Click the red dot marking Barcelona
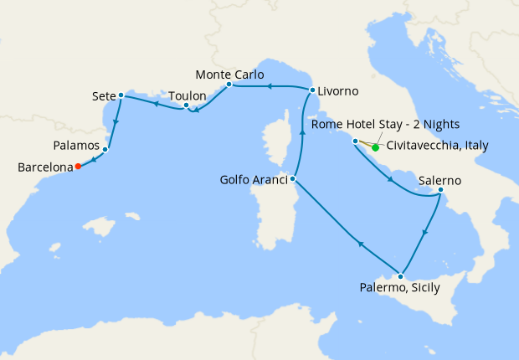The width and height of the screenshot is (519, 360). [x=78, y=166]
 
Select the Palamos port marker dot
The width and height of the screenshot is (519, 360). [x=105, y=150]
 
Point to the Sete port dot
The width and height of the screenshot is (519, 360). [x=121, y=95]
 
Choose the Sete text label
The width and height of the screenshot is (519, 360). [x=102, y=96]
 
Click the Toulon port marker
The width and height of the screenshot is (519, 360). [x=187, y=106]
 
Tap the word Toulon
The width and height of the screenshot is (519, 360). [x=188, y=95]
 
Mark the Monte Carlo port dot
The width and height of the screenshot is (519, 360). [x=229, y=85]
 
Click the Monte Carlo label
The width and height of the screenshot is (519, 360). [x=229, y=74]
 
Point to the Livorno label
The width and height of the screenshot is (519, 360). [x=339, y=90]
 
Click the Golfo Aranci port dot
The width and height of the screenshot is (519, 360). [x=293, y=178]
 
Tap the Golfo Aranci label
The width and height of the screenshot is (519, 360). [x=254, y=179]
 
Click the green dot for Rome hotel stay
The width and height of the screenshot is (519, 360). [x=375, y=148]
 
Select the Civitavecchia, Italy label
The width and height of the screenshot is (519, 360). [x=438, y=146]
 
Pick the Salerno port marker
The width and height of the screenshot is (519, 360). [x=440, y=192]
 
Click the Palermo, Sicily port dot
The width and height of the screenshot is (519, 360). [x=402, y=276]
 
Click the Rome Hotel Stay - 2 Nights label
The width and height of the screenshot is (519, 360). [x=384, y=125]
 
